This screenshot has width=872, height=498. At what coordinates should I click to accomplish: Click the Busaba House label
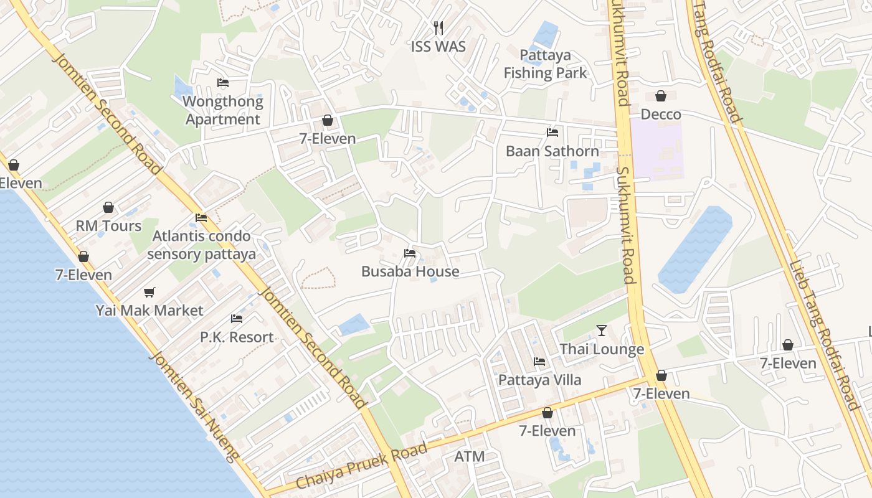coord(410,271)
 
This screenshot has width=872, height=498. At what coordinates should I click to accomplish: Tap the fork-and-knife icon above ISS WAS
coord(438,27)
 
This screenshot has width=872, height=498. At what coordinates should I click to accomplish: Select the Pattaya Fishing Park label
coord(545,64)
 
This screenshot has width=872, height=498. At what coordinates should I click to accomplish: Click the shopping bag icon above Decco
coord(661,96)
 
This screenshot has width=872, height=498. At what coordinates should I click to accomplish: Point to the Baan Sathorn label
coord(552,151)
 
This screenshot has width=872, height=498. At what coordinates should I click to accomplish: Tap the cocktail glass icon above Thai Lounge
coord(602,331)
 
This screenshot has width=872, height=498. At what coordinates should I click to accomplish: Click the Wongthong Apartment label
coord(223,110)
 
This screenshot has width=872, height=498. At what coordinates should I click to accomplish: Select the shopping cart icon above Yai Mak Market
coord(149,292)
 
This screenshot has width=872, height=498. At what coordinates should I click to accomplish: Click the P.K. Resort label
coord(237,337)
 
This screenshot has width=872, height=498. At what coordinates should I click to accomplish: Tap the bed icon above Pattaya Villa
coord(539,361)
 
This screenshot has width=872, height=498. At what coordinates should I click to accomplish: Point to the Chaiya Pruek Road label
coord(361,465)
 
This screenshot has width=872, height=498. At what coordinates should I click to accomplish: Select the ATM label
coord(470,456)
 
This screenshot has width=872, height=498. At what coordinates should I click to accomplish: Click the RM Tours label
coord(108,226)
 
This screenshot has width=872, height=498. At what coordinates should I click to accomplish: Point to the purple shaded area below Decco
coord(657,149)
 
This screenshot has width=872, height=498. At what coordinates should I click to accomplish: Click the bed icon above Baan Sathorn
coord(552,132)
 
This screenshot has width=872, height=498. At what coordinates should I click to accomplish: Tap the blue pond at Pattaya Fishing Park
coord(546,34)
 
